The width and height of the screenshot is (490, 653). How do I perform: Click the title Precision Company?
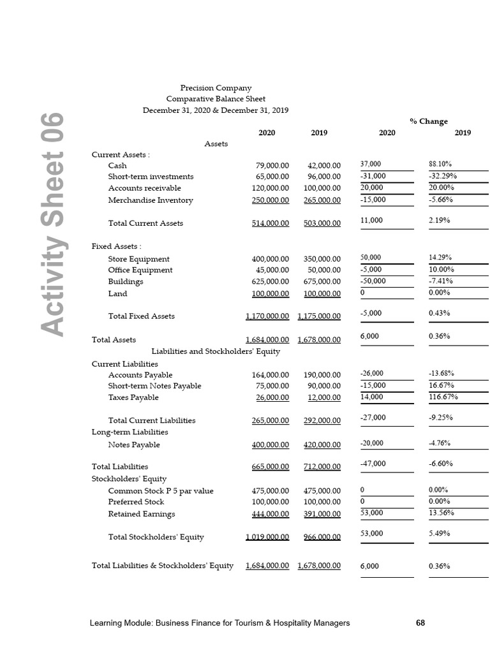pos(216,88)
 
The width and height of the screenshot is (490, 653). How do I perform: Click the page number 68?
pos(420,623)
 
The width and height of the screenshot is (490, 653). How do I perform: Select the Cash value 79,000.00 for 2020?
pos(272,166)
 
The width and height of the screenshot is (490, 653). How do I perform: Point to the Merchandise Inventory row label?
pos(151,200)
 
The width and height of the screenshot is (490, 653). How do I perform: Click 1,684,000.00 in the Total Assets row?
pos(267,340)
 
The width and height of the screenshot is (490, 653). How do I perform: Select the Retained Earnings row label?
pos(141,514)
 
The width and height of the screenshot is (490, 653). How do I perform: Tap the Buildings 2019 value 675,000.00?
pos(322,282)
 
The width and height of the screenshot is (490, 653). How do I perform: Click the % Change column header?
pos(428,121)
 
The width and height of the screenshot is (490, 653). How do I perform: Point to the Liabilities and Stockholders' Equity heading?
pos(216,351)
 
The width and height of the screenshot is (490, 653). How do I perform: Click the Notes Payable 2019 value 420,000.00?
pos(322,445)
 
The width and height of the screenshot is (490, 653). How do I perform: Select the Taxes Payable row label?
pos(133,398)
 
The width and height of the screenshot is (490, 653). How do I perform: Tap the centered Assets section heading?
pos(216,144)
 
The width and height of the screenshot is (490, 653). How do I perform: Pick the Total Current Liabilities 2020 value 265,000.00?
pos(271,421)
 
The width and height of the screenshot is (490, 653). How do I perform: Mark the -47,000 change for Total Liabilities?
pos(373,464)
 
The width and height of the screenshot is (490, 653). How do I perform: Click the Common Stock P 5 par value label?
pos(161,491)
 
